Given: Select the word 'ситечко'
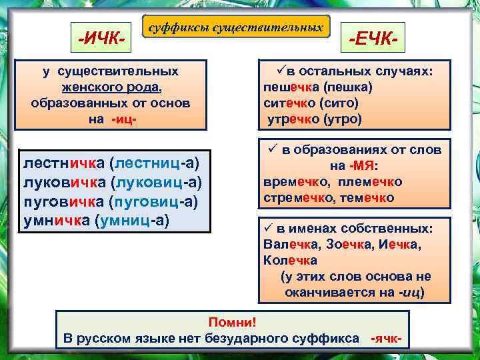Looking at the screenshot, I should [289, 103].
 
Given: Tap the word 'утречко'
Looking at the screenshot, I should [294, 119].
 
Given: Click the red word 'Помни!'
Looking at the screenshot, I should [232, 322].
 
